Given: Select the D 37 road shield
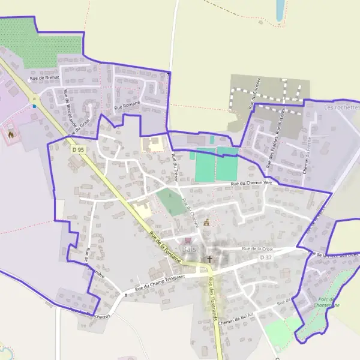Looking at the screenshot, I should coord(266,257).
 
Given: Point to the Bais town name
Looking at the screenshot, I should coord(189,249).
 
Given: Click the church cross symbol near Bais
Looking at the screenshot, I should coord(209,259).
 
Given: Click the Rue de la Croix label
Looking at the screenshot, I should coord(257,248).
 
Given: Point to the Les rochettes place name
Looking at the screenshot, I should coord(341,107).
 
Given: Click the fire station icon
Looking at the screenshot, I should coord(10,134).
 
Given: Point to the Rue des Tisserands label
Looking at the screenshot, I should coord(211,298).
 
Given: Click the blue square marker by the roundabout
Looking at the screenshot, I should coord(34,106).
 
